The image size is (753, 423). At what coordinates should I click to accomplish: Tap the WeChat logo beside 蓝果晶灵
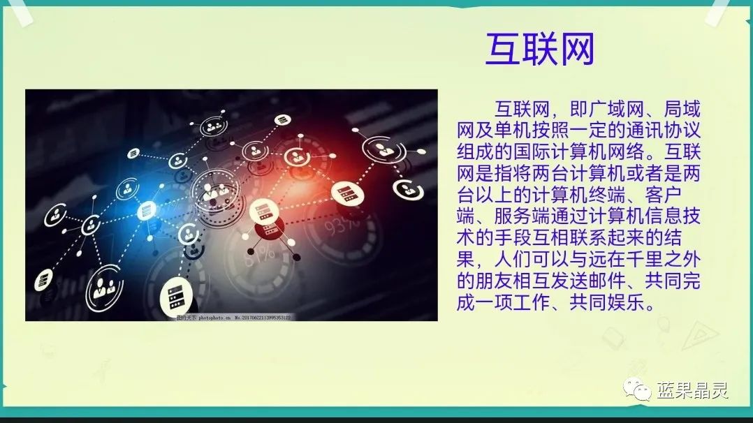[638, 389]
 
